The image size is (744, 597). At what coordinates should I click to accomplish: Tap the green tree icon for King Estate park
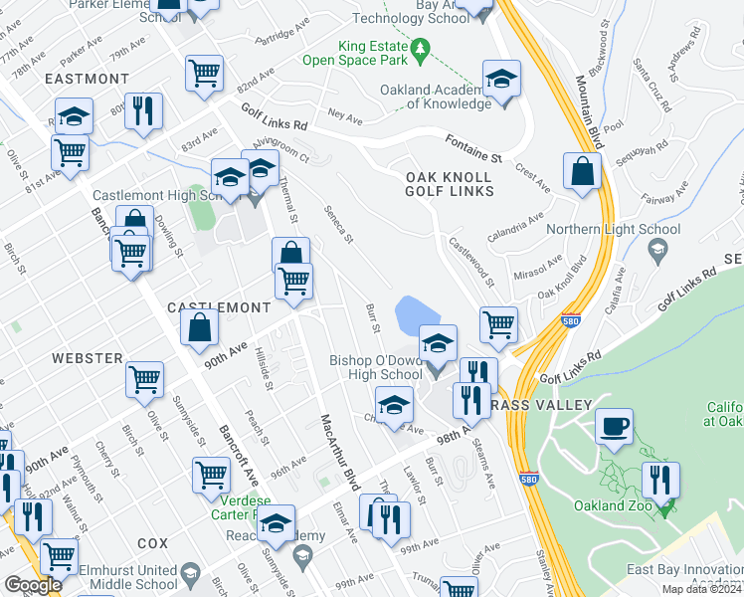[421, 49]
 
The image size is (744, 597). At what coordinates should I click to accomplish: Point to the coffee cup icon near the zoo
[613, 426]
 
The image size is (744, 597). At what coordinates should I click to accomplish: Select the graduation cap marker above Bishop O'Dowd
[438, 344]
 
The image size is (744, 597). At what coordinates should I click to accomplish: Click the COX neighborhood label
[153, 543]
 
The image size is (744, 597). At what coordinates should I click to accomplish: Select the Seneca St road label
[340, 224]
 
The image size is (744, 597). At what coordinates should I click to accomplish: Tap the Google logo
[34, 585]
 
